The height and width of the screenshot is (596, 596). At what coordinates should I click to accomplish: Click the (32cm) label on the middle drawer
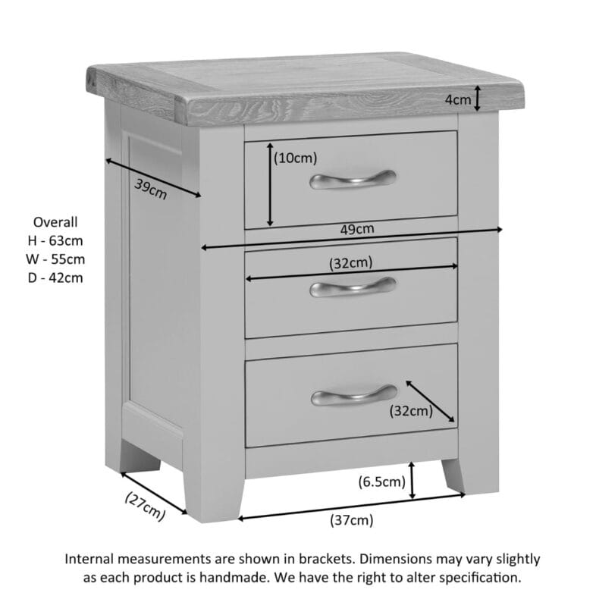(350, 262)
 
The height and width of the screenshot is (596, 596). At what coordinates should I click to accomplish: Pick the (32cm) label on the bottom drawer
(410, 411)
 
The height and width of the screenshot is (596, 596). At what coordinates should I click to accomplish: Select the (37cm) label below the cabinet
(352, 519)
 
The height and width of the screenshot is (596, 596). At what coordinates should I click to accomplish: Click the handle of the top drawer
(353, 179)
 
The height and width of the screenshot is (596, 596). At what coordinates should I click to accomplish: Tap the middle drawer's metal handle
(353, 286)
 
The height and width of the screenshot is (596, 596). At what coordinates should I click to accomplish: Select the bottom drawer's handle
(353, 394)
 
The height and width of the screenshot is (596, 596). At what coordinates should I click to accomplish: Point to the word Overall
(55, 222)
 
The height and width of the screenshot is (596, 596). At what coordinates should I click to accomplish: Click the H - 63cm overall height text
(55, 240)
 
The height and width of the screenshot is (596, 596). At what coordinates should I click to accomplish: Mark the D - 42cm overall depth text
(55, 278)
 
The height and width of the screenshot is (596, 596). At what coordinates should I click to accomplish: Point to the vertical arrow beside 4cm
(478, 98)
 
